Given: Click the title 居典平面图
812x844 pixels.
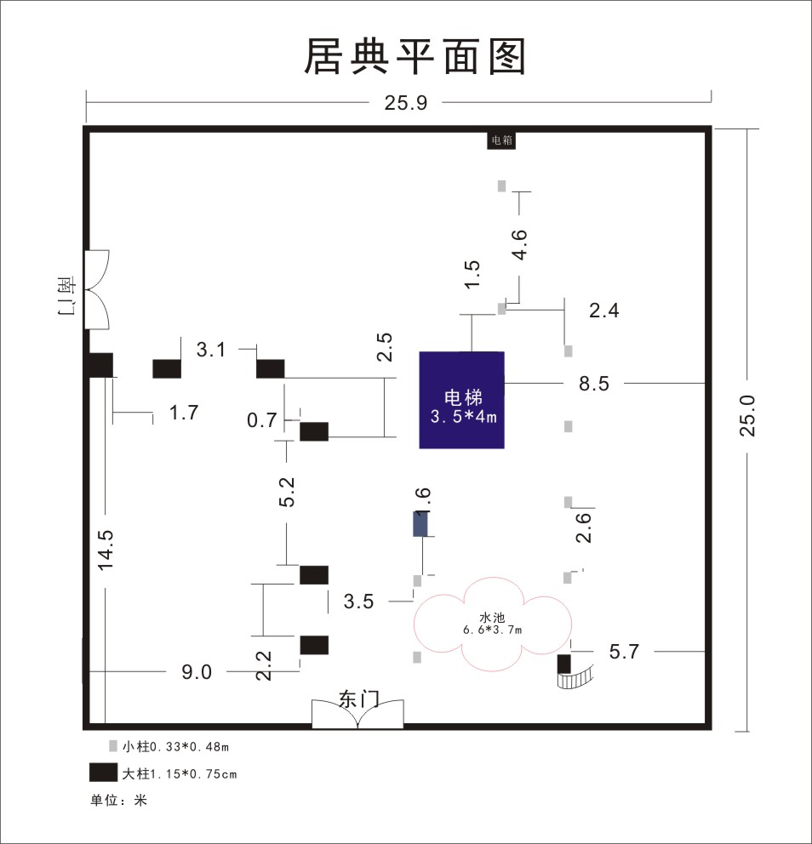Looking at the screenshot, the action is (x=415, y=56).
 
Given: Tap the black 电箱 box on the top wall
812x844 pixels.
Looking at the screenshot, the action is (x=501, y=140).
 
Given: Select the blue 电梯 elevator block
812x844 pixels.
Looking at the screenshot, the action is (x=462, y=400).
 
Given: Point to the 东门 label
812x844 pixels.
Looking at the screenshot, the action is (x=359, y=699).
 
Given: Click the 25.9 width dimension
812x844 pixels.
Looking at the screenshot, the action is (x=405, y=103).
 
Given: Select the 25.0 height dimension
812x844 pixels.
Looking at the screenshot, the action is (x=747, y=415).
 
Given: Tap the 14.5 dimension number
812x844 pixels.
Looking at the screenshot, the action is (x=105, y=550).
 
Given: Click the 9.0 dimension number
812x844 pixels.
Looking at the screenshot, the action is (x=197, y=672).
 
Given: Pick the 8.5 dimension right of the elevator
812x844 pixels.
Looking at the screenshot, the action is (x=594, y=384).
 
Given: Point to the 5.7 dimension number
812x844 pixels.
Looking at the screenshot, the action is (x=624, y=652).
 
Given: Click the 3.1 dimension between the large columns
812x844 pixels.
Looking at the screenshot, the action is (x=210, y=350).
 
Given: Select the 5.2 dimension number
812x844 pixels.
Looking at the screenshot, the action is (x=287, y=492).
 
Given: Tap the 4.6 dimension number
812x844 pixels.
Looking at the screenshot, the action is (x=519, y=244).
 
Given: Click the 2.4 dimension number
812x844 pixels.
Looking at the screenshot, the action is (x=603, y=311).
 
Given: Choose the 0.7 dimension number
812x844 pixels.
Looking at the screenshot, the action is (x=261, y=419).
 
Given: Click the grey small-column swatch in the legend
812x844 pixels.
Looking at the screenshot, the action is (x=113, y=745).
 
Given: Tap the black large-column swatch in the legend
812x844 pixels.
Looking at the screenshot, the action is (x=103, y=773).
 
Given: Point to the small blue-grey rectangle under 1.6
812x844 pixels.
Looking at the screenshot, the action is (x=420, y=524).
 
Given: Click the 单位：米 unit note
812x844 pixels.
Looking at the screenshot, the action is (x=118, y=800).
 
